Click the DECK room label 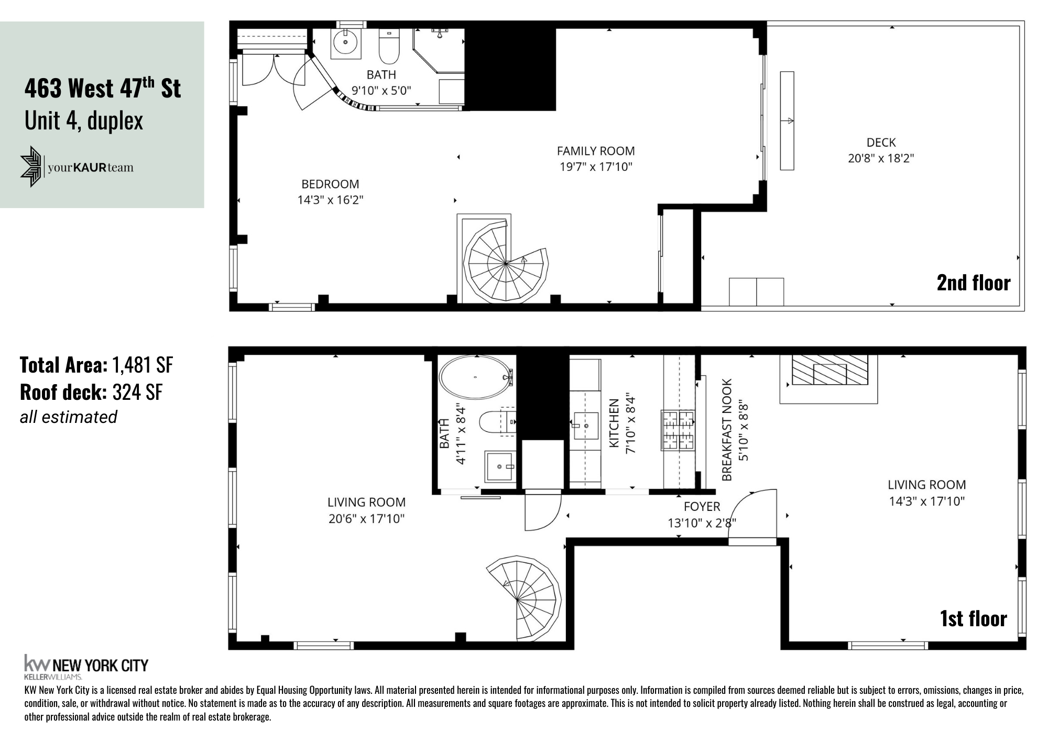point(881,143)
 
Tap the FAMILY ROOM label point(595,151)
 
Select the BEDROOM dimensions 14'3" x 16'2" point(330,200)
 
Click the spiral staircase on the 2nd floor point(506,262)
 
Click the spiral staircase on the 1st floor point(521,597)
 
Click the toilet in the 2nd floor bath point(389,47)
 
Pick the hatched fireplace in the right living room point(829,370)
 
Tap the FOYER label point(702,507)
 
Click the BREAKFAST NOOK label point(727,430)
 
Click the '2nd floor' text point(973,283)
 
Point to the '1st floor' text point(973,619)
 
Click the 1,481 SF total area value point(143,365)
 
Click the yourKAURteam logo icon point(31,167)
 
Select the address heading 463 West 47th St point(103,88)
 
